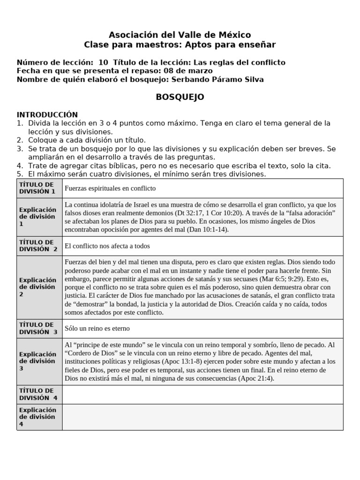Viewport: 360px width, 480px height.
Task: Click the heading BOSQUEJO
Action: click(180, 97)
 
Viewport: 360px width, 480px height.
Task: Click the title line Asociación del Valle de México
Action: click(180, 35)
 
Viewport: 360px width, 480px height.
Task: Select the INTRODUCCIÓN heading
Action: click(47, 115)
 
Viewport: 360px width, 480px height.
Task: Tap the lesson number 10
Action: click(104, 62)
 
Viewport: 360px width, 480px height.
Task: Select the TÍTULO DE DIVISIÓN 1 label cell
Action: click(39, 188)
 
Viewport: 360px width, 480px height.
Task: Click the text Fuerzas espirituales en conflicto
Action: click(110, 188)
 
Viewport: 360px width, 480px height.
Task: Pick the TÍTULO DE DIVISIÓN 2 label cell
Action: click(39, 246)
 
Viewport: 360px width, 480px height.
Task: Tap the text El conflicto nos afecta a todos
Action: click(107, 246)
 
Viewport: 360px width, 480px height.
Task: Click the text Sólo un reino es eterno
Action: click(97, 329)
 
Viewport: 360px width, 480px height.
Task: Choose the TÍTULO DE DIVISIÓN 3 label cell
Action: click(39, 328)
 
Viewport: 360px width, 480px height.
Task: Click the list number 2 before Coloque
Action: click(20, 140)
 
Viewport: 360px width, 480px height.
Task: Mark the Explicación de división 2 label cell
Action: click(39, 287)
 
